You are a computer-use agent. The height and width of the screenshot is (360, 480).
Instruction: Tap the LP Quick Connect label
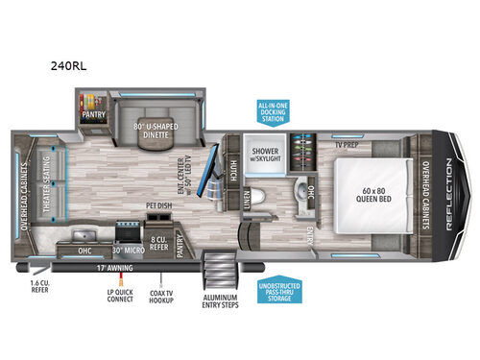[x=120, y=293]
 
